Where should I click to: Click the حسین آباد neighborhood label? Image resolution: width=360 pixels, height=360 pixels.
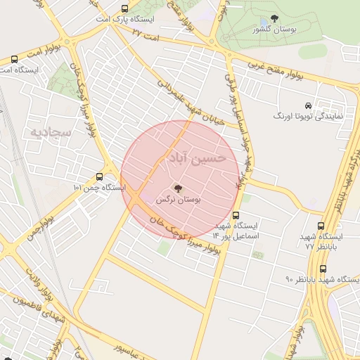(x=194, y=157)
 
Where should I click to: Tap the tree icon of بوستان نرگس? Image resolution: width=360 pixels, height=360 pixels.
(x=177, y=188)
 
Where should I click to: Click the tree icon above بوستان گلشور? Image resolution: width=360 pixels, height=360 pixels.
(x=274, y=19)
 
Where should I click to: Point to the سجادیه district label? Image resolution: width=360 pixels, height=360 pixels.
(x=48, y=131)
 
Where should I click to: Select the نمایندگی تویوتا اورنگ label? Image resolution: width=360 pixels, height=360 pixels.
(x=308, y=115)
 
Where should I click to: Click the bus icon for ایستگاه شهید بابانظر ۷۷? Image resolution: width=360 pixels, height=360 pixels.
(x=321, y=226)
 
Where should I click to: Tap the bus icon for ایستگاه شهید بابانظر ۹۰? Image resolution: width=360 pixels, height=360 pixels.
(x=323, y=269)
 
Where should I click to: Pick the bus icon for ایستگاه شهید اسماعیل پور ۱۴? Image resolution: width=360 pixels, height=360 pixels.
(x=236, y=215)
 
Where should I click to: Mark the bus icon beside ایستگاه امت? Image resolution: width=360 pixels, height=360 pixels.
(x=15, y=59)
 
